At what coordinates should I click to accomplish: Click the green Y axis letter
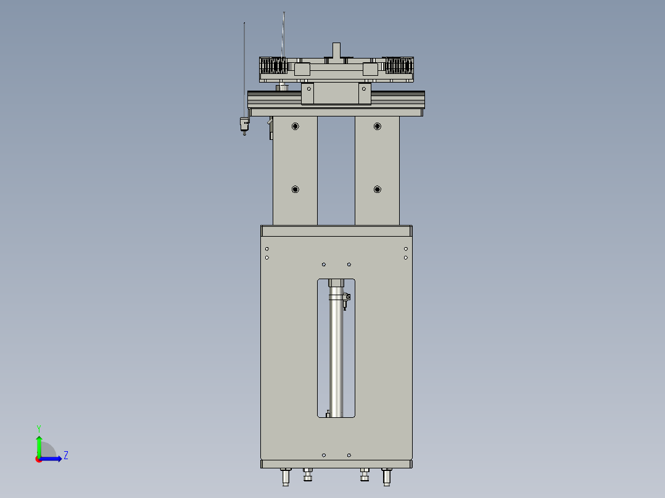pyautogui.click(x=38, y=428)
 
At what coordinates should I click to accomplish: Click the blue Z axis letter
pyautogui.click(x=65, y=455)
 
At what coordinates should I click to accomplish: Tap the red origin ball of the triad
pyautogui.click(x=39, y=459)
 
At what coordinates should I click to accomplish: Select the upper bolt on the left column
pyautogui.click(x=295, y=126)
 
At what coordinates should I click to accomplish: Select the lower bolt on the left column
pyautogui.click(x=295, y=189)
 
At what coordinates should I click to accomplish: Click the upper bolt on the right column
pyautogui.click(x=377, y=126)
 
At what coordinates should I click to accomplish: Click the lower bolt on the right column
pyautogui.click(x=377, y=189)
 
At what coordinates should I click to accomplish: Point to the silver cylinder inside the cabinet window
pyautogui.click(x=336, y=357)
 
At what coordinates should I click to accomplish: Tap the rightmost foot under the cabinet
pyautogui.click(x=387, y=476)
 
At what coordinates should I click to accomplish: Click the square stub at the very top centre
pyautogui.click(x=336, y=49)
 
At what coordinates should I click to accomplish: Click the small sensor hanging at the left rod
pyautogui.click(x=243, y=125)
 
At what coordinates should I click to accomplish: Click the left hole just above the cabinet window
pyautogui.click(x=324, y=264)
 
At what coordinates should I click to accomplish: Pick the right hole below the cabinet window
pyautogui.click(x=349, y=455)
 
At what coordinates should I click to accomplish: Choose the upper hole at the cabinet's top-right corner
pyautogui.click(x=405, y=248)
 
